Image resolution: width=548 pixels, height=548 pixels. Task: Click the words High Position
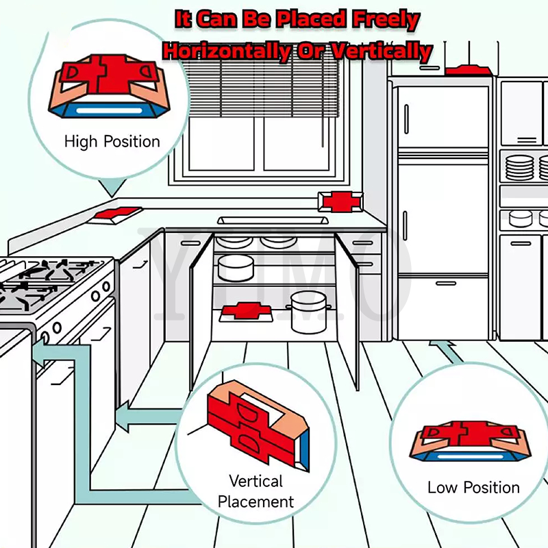112,142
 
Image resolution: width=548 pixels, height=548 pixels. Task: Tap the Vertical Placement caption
256,490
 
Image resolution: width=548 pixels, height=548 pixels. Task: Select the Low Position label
473,488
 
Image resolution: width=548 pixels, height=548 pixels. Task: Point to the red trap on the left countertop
117,213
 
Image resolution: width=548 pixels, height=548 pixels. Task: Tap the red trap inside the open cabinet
246,311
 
